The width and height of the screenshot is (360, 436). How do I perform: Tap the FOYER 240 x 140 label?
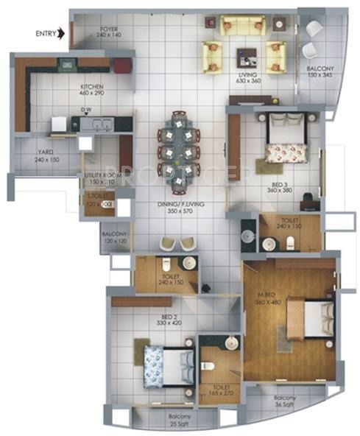point(112,32)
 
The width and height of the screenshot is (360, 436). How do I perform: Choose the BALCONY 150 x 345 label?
point(321,72)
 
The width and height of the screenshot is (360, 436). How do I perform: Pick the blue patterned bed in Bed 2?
point(166,365)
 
